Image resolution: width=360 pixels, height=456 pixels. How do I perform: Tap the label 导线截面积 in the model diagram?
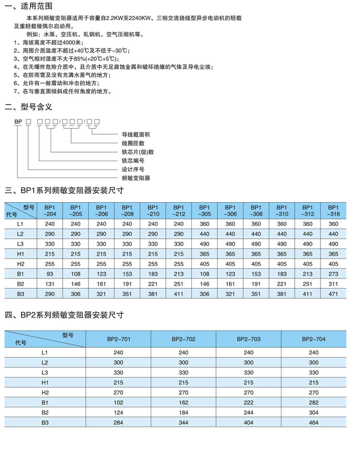click(136, 135)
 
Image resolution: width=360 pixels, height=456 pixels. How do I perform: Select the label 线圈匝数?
click(133, 143)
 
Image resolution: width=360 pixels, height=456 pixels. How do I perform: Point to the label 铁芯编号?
click(133, 161)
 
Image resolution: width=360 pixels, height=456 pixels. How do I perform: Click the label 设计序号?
click(133, 170)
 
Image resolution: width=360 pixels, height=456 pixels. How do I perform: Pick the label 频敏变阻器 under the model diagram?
click(136, 179)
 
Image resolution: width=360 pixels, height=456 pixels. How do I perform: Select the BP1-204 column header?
click(50, 211)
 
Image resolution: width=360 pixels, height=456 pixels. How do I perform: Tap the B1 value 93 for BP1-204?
click(50, 274)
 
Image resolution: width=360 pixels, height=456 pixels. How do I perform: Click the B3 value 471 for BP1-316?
click(333, 294)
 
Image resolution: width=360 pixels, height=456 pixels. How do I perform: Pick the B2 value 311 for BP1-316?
click(333, 284)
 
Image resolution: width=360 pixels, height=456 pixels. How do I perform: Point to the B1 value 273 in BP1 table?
click(333, 274)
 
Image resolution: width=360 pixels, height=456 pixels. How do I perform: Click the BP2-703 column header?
click(248, 339)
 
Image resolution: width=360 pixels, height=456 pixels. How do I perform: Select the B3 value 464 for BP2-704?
click(314, 423)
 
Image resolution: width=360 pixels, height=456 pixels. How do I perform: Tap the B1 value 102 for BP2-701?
click(118, 402)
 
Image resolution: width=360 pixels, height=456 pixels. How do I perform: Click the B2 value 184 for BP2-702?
click(183, 412)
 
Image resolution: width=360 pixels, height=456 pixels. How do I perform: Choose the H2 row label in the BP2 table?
click(45, 392)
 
